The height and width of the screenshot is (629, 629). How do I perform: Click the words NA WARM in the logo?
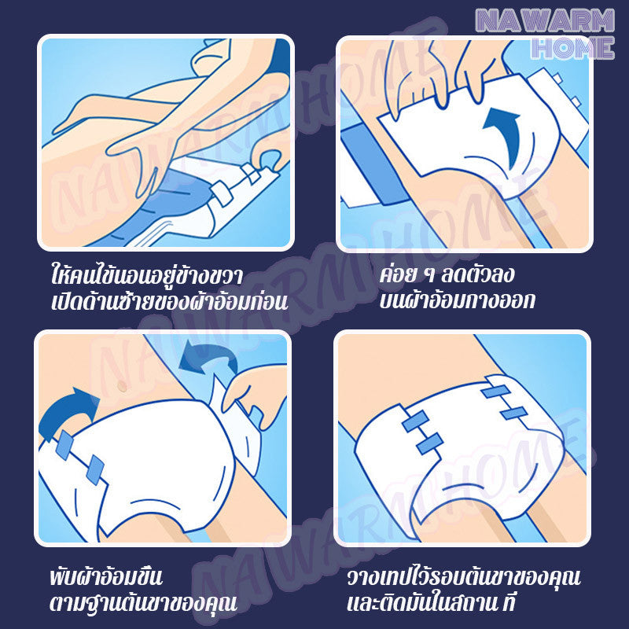click(x=543, y=18)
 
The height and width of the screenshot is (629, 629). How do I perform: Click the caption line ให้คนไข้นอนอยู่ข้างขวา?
click(x=143, y=277)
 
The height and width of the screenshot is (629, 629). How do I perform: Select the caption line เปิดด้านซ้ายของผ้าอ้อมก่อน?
click(x=166, y=303)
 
